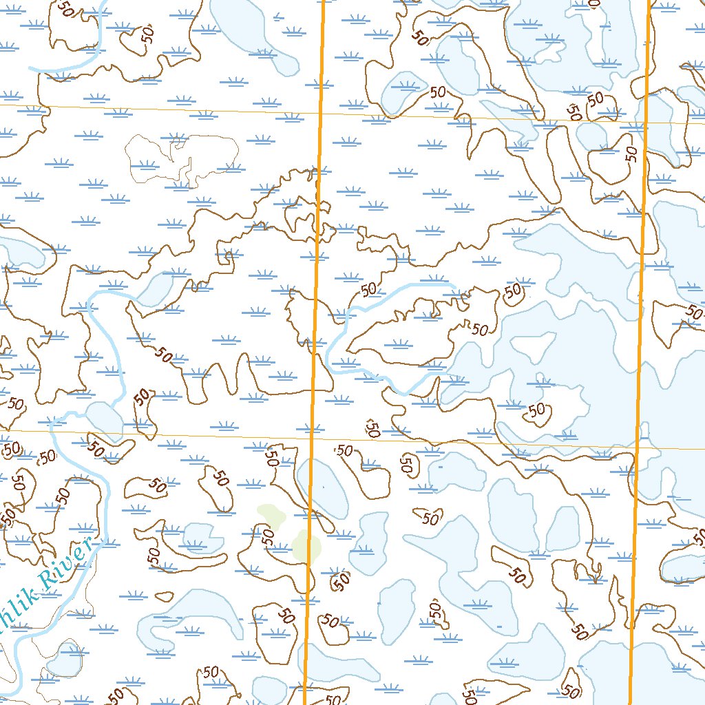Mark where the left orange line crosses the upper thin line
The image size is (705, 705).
tap(320, 110)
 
